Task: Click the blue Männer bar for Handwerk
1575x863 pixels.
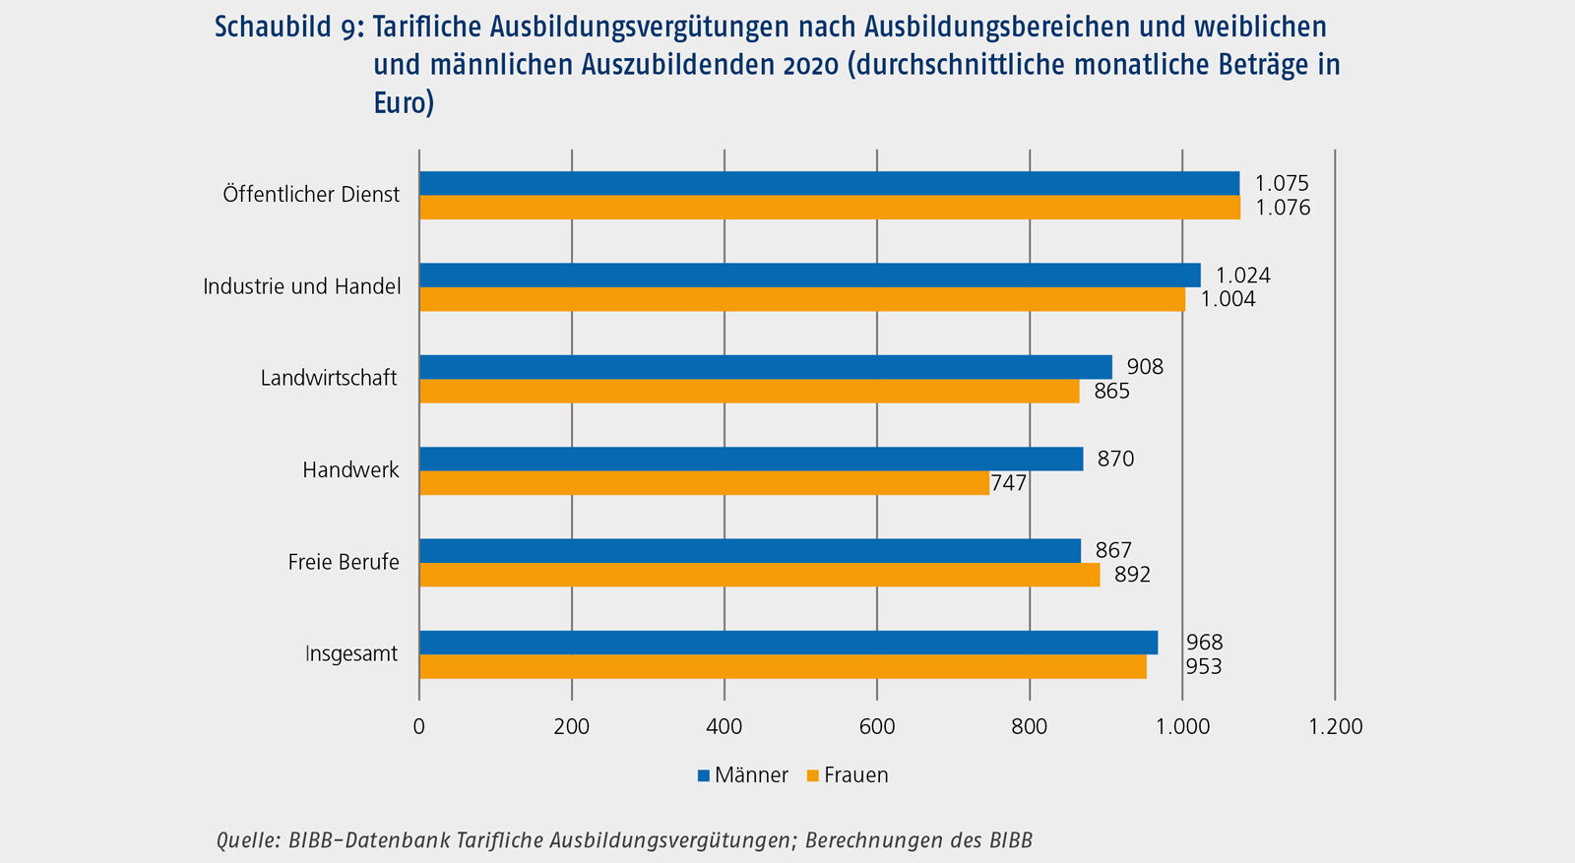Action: (751, 459)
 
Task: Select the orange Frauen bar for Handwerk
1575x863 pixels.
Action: (704, 482)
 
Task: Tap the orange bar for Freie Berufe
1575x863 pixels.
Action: (759, 575)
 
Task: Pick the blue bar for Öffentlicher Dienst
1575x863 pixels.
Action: (829, 183)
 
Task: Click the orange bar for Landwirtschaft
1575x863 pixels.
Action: (749, 391)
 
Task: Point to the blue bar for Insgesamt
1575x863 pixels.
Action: (788, 643)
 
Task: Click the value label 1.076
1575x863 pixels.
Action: (1282, 208)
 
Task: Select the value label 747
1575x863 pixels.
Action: (1009, 483)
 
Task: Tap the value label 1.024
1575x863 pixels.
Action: (1242, 276)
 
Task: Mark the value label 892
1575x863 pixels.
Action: (1132, 575)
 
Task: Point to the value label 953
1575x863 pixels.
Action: (1204, 667)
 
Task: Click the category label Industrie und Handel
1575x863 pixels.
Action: (302, 286)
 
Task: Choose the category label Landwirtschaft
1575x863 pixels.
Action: (329, 378)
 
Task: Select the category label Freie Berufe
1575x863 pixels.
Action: (344, 562)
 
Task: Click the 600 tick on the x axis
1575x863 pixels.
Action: (877, 727)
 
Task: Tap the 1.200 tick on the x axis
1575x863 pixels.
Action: (1335, 727)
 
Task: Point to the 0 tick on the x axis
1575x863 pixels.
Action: (419, 727)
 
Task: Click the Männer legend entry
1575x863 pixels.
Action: (743, 775)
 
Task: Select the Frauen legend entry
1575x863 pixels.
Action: (848, 775)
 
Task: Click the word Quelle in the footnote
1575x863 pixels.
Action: (246, 840)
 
